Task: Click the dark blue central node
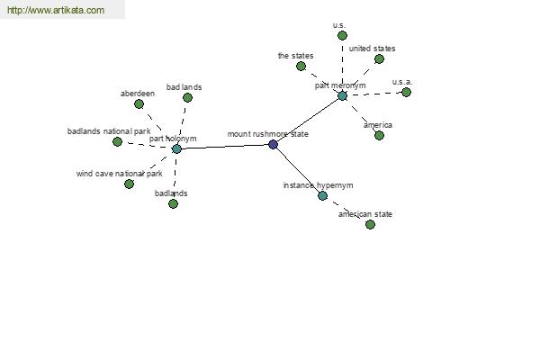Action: pyautogui.click(x=273, y=144)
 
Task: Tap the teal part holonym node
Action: pyautogui.click(x=176, y=148)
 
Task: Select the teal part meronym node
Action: pyautogui.click(x=342, y=95)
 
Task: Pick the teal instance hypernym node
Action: pyautogui.click(x=323, y=195)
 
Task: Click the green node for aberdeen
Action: pyautogui.click(x=139, y=103)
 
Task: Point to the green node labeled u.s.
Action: pyautogui.click(x=342, y=35)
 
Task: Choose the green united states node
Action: pyautogui.click(x=379, y=58)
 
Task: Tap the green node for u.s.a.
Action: pyautogui.click(x=407, y=92)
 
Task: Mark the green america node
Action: pyautogui.click(x=379, y=135)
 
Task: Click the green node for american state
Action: pyautogui.click(x=370, y=225)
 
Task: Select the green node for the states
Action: pyautogui.click(x=301, y=66)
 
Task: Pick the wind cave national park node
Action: pyautogui.click(x=129, y=184)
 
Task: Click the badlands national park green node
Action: pyautogui.click(x=117, y=141)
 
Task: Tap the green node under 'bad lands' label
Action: pyautogui.click(x=188, y=97)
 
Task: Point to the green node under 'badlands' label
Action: pyautogui.click(x=173, y=204)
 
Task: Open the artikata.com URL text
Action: pyautogui.click(x=56, y=10)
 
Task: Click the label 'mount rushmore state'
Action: pyautogui.click(x=268, y=134)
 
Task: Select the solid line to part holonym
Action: pyautogui.click(x=225, y=147)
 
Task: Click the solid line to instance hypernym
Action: pyautogui.click(x=298, y=170)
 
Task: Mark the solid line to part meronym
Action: pyautogui.click(x=308, y=121)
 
